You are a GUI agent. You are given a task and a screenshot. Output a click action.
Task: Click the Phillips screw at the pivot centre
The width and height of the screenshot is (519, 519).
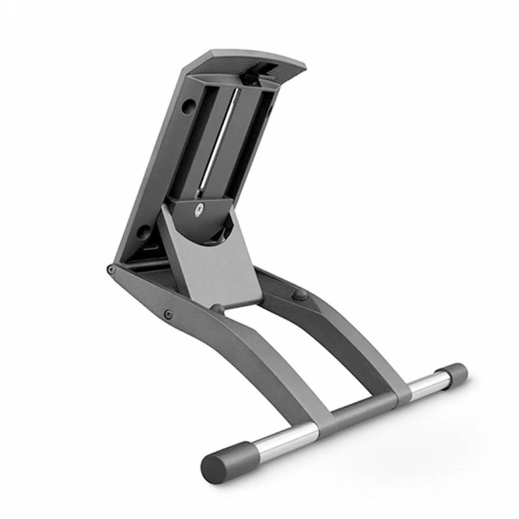pyautogui.click(x=199, y=209)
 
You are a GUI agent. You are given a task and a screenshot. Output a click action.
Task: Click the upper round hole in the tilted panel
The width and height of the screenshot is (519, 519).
pyautogui.click(x=189, y=103)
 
